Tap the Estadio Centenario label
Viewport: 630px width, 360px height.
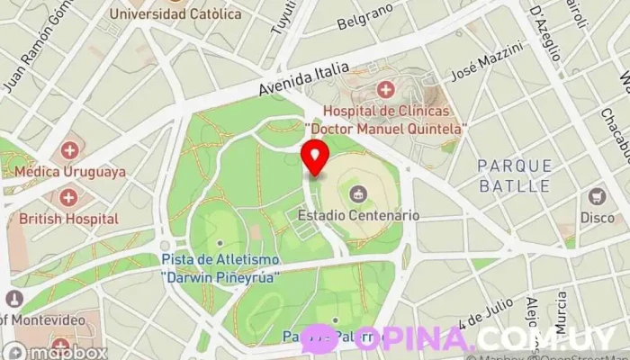[358, 216]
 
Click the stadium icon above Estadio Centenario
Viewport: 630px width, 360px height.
[358, 193]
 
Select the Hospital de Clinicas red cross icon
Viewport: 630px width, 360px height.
[385, 90]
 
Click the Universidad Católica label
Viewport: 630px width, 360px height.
[175, 13]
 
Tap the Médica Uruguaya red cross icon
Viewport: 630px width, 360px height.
[69, 150]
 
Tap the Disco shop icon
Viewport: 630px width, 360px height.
[597, 196]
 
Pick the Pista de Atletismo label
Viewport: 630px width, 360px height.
[220, 260]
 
